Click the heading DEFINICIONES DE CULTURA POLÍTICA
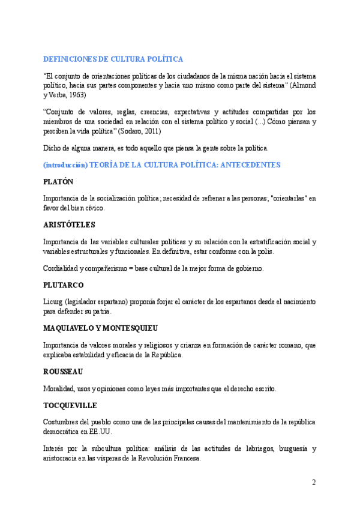[113, 59]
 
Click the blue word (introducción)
[65, 164]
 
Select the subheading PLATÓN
[58, 181]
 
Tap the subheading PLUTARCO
[64, 285]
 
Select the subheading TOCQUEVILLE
[70, 405]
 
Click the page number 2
[313, 482]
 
